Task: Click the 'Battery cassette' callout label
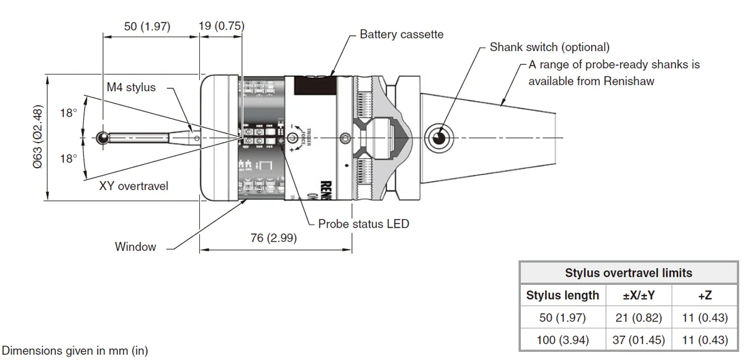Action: tap(401, 34)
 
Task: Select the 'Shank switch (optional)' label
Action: tap(549, 47)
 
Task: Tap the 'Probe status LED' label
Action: tap(363, 223)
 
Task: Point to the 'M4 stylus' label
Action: tap(131, 88)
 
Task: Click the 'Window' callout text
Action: tap(135, 246)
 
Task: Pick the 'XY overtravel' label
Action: tap(133, 186)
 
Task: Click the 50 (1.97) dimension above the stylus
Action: tap(147, 27)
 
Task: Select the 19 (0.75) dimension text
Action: tap(221, 26)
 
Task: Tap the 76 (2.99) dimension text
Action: tap(274, 238)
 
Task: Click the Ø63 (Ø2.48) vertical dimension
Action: tap(37, 137)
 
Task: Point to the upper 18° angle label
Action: tap(68, 113)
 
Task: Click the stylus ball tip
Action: tap(102, 137)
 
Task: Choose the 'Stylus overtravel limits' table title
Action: tap(628, 273)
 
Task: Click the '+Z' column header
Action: tap(705, 295)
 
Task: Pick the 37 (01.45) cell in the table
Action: tap(639, 340)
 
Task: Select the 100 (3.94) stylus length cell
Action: tap(562, 340)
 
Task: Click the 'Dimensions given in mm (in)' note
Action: tap(76, 351)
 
